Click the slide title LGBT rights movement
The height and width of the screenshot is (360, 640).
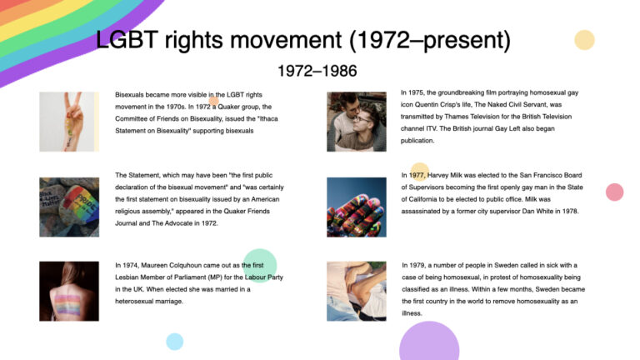click(x=302, y=40)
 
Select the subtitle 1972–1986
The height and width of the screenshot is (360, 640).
click(x=317, y=72)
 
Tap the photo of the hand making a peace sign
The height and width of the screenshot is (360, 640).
click(x=69, y=122)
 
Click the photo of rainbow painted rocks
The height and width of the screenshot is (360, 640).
click(x=69, y=207)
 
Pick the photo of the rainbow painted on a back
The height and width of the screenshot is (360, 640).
click(x=69, y=291)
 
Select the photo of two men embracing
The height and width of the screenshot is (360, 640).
click(x=356, y=122)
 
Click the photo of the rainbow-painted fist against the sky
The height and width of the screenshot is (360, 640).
click(x=356, y=207)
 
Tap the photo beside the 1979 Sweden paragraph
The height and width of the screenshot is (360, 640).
click(x=356, y=291)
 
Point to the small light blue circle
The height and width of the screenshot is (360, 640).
click(x=174, y=341)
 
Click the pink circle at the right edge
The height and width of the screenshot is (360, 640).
click(x=614, y=192)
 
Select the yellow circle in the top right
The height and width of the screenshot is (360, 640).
click(x=585, y=40)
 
